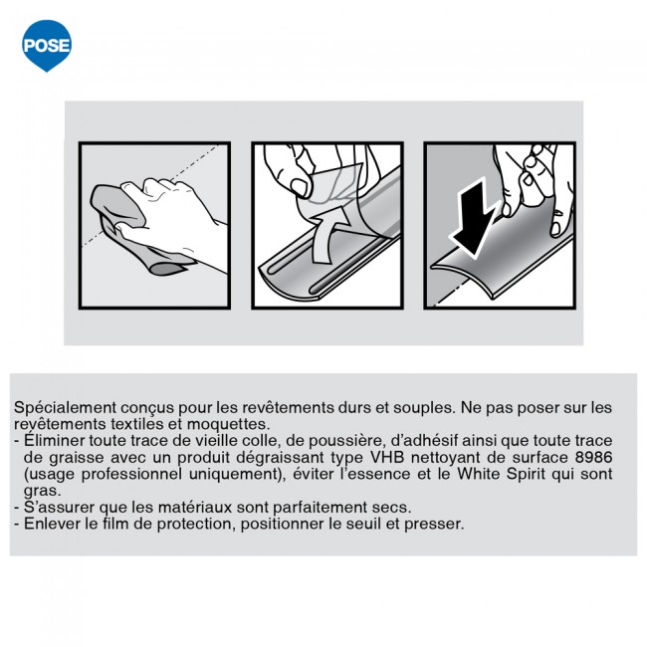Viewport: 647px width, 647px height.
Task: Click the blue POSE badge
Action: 47,45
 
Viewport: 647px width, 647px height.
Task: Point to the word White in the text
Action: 478,474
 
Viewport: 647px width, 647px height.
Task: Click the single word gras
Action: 42,492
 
